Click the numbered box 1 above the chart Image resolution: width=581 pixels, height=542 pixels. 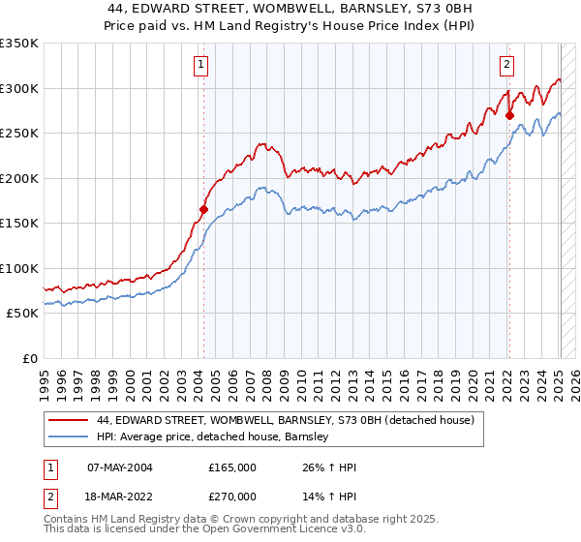pos(200,65)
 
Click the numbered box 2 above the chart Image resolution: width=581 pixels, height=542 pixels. pos(506,65)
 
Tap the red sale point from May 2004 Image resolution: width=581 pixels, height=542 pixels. pos(203,209)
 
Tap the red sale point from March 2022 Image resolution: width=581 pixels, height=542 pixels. pos(510,114)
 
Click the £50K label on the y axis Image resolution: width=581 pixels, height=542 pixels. pos(22,313)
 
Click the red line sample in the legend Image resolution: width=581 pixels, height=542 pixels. pos(70,420)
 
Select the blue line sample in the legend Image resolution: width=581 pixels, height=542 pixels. pos(70,437)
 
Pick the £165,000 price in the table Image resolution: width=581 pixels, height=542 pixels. pos(232,467)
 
